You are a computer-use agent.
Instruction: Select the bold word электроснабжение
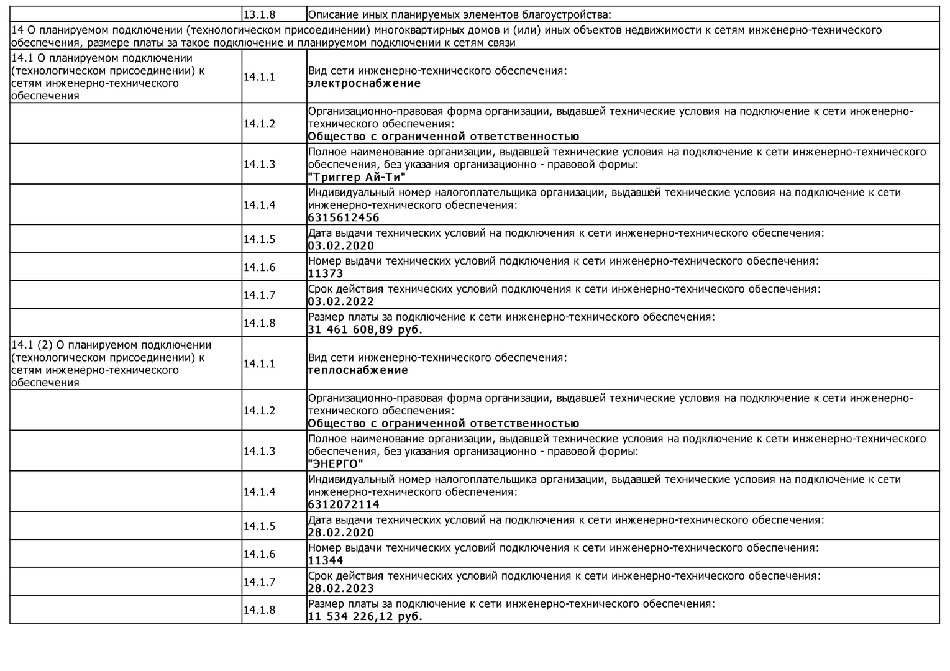coord(364,83)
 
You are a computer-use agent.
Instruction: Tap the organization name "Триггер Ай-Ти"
coord(357,177)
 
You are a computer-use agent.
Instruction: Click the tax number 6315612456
coord(344,217)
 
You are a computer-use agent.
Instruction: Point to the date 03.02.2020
coord(341,245)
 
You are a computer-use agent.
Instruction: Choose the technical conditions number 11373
coord(326,273)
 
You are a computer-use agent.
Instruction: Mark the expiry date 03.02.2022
coord(341,301)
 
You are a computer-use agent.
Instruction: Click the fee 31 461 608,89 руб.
coord(365,329)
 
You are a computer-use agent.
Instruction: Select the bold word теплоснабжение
coord(358,370)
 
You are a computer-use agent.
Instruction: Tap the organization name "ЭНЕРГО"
coord(336,464)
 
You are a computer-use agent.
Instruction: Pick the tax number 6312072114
coord(344,504)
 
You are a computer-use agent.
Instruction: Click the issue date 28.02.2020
coord(341,532)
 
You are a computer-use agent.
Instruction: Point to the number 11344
coord(326,560)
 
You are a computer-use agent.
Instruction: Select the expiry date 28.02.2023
coord(341,588)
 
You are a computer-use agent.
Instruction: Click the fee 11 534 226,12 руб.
coord(365,616)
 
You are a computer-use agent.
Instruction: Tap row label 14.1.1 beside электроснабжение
coord(259,77)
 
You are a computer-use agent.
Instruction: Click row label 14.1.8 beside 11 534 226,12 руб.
coord(259,609)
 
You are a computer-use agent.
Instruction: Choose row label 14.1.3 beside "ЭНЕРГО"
coord(259,451)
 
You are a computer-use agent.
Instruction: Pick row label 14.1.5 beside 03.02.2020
coord(259,239)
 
